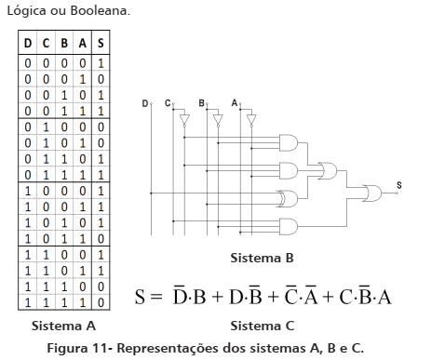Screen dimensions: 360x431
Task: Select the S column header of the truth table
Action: coord(100,44)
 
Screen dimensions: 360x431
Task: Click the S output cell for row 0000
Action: coord(100,61)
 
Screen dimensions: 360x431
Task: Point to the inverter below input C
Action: coord(183,120)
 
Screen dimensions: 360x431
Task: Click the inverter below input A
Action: coord(250,120)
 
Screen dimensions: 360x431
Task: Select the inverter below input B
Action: coord(217,120)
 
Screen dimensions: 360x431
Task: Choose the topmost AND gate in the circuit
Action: coord(290,142)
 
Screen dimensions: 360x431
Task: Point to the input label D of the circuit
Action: coord(144,102)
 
